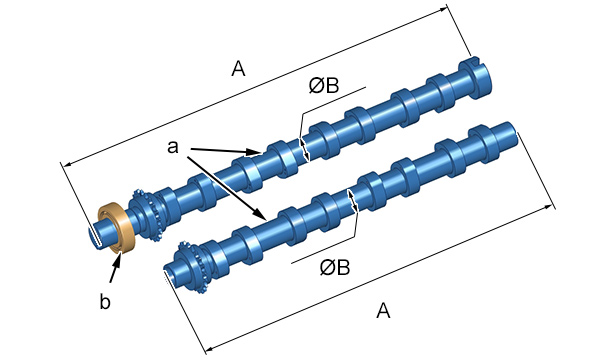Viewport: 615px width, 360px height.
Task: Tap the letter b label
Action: pos(105,302)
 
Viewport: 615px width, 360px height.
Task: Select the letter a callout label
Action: pos(173,147)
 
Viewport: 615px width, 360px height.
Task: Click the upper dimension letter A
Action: pos(238,69)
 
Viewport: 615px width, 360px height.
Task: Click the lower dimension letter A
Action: pos(383,311)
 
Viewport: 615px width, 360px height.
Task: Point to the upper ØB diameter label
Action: pos(324,85)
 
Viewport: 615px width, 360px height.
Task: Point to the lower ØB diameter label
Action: pos(335,267)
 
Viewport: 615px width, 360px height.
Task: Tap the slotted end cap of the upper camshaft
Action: pos(475,76)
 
